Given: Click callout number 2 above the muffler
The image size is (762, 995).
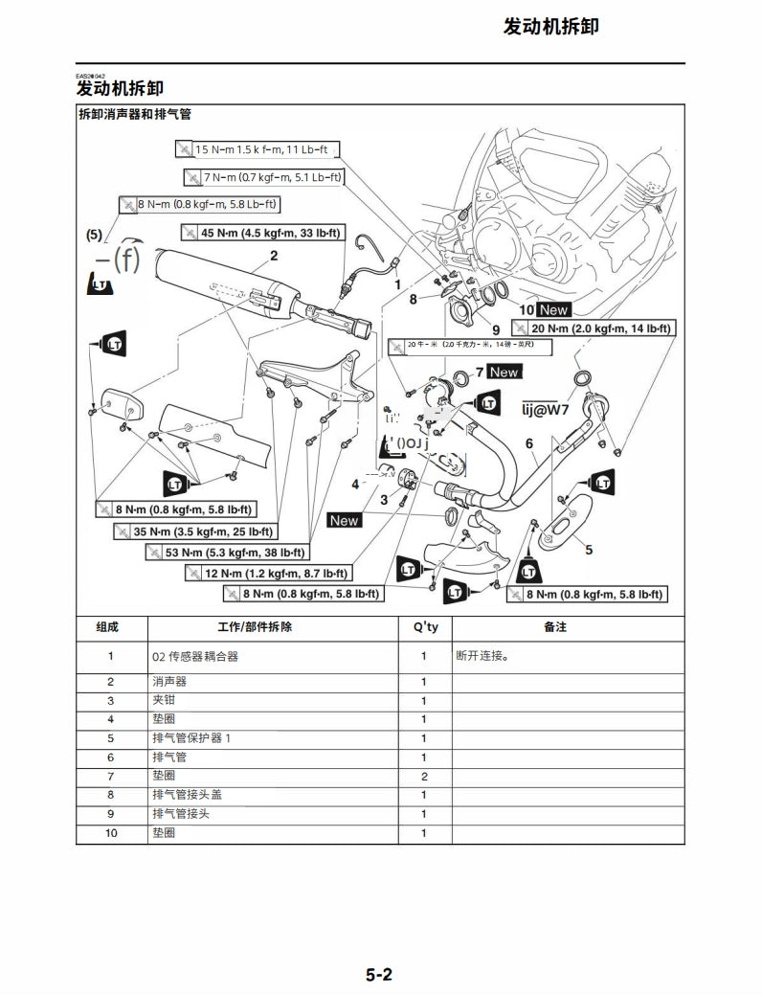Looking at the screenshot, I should click(x=274, y=256).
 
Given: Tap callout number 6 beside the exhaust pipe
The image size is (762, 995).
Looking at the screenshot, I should click(x=528, y=443).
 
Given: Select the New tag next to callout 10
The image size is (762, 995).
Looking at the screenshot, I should click(x=553, y=309).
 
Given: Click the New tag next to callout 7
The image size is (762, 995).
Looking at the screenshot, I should click(x=504, y=372).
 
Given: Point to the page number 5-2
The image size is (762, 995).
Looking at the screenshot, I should click(x=379, y=976).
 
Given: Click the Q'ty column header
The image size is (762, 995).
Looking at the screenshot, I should click(x=425, y=627).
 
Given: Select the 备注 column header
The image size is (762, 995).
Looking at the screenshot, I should click(x=555, y=627).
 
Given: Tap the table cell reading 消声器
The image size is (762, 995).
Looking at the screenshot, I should click(x=169, y=682).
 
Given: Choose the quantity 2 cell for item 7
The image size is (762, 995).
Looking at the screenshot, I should click(x=424, y=776).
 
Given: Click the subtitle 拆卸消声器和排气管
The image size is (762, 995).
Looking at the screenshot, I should click(x=134, y=114).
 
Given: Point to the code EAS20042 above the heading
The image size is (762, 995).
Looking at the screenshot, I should click(x=91, y=76).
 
